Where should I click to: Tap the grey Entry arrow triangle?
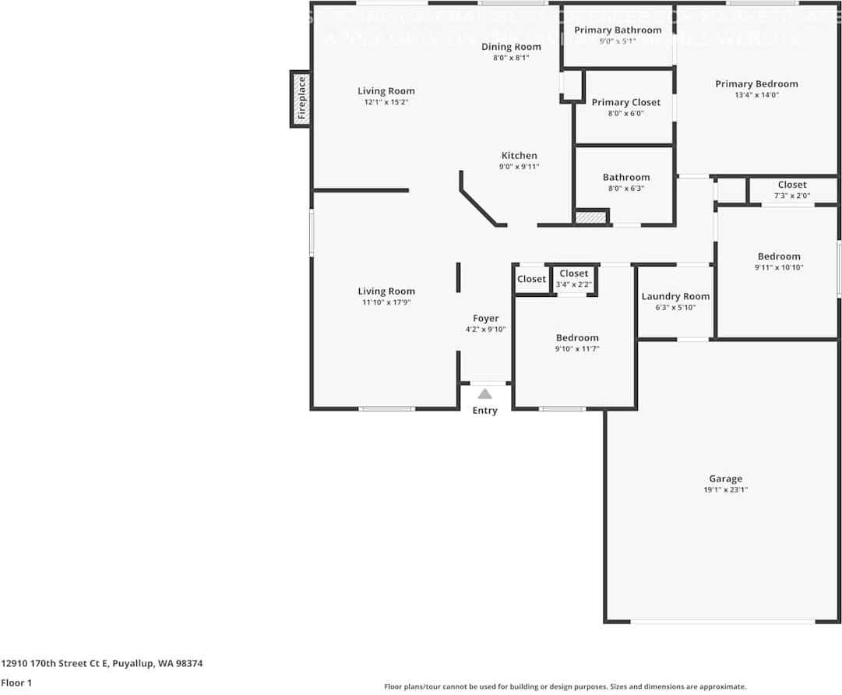coord(484,393)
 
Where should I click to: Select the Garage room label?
coord(725,478)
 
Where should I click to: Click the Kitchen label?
coord(519,155)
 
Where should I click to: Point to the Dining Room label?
coord(511,47)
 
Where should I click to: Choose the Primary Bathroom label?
coord(618,30)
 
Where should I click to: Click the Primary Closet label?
coord(625,102)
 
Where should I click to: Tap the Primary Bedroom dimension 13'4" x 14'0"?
coord(756,95)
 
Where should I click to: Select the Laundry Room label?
coord(675,296)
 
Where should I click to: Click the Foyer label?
coord(485,318)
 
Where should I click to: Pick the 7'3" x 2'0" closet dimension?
coord(792,196)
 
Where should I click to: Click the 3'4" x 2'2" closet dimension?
coord(573,284)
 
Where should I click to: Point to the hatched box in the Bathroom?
coord(591,217)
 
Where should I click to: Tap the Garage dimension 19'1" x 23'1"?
coord(725,490)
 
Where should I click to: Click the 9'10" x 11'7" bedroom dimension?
coord(577,349)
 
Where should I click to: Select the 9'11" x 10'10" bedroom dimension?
coord(779,267)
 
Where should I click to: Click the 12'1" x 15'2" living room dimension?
coord(386,102)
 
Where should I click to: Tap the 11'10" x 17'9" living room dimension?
coord(386,302)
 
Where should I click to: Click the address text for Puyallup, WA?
coord(102,664)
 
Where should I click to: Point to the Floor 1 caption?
coord(16,683)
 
